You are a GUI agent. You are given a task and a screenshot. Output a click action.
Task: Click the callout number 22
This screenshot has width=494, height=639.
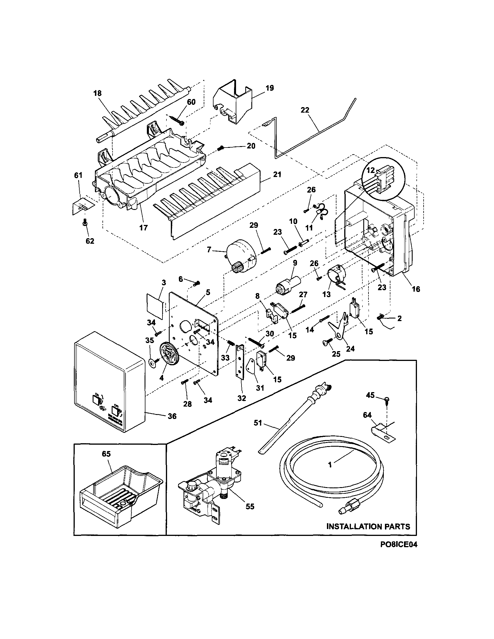305,110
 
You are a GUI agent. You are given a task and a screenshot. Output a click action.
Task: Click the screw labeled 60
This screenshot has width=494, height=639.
177,120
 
